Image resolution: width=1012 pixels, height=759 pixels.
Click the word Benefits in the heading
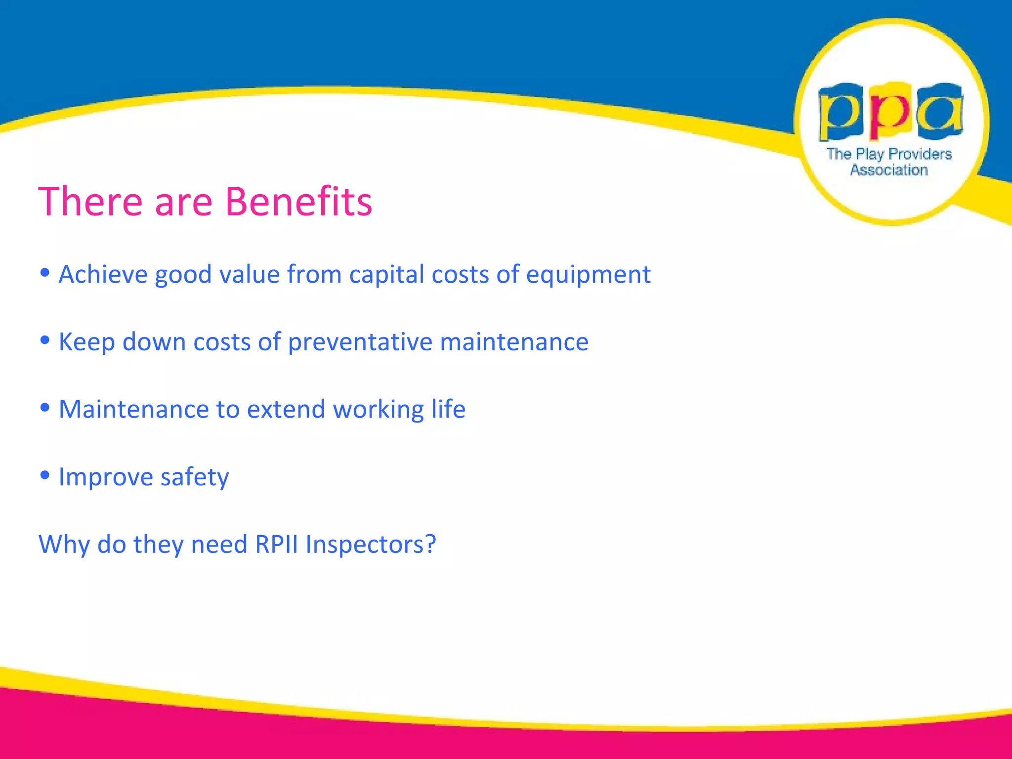(298, 202)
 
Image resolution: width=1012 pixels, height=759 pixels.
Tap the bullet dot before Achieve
(45, 273)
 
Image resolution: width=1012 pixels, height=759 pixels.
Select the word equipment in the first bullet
(588, 275)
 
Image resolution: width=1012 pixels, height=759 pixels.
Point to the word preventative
(360, 342)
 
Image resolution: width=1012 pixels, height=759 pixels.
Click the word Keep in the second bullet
(86, 342)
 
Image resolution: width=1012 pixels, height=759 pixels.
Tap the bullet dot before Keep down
(45, 340)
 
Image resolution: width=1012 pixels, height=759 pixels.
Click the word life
(448, 409)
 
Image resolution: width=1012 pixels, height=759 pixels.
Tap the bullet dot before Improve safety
(45, 475)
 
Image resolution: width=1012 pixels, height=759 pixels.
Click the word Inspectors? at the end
(371, 545)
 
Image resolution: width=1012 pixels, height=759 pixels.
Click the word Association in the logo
(888, 170)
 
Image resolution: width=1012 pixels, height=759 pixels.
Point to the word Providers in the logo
(920, 154)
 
